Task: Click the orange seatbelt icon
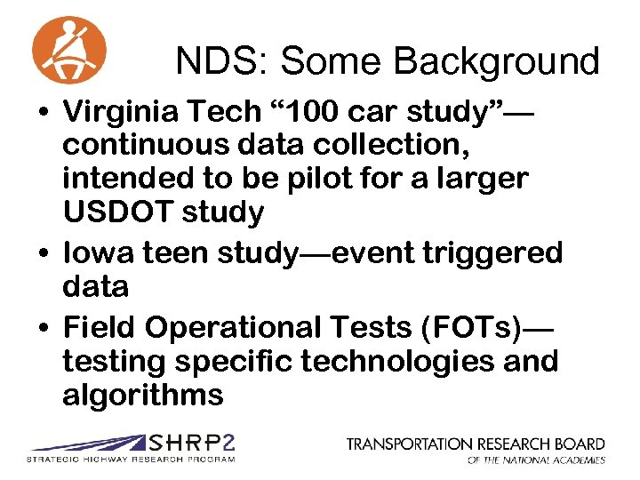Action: [68, 50]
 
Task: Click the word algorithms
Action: [143, 395]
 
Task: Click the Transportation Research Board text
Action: [476, 443]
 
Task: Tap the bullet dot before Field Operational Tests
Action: [44, 329]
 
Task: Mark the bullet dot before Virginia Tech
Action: [44, 115]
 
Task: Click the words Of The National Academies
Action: [536, 460]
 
